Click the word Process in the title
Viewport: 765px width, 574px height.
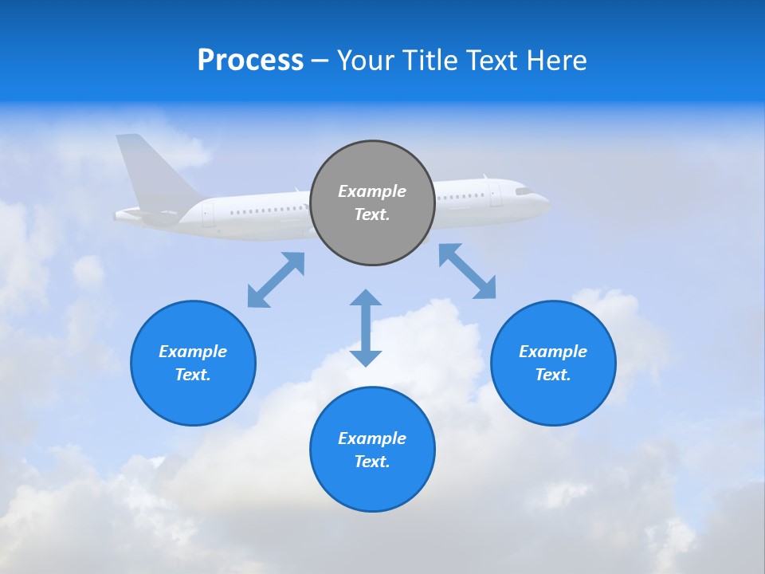(x=250, y=61)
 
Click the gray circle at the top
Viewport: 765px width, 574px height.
(x=372, y=202)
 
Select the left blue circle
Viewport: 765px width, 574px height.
(x=193, y=363)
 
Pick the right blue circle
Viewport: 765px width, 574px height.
(x=553, y=363)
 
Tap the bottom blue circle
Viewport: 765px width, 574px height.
(x=372, y=449)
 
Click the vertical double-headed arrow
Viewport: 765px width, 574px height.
(x=366, y=328)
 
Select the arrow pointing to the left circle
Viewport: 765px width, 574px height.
(x=276, y=280)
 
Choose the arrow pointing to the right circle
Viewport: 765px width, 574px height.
(x=467, y=271)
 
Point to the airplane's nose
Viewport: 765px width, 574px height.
(x=546, y=199)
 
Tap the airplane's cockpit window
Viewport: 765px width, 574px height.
(x=524, y=191)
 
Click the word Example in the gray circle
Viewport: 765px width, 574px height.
(x=372, y=191)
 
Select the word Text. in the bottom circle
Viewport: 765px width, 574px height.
(x=372, y=462)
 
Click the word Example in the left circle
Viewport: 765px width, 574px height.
(x=193, y=352)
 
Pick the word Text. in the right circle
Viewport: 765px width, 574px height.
(x=553, y=375)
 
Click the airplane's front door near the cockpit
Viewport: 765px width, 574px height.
(x=496, y=195)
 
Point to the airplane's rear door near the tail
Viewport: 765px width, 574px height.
(x=208, y=213)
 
